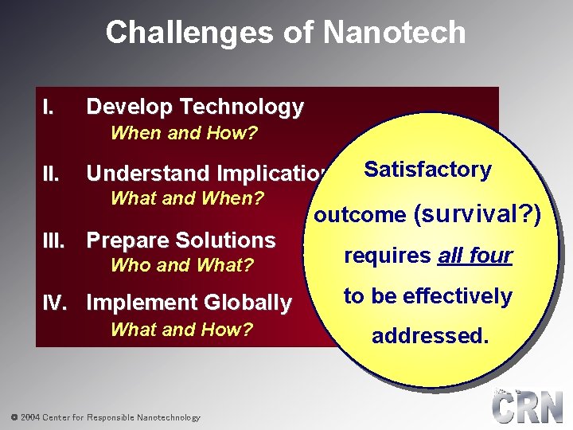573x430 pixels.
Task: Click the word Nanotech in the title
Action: (x=394, y=33)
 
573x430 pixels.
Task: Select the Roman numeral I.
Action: (x=49, y=107)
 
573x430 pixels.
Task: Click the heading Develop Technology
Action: (x=194, y=107)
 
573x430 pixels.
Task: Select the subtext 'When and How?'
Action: (x=184, y=133)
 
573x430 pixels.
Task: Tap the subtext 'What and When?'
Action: (x=188, y=198)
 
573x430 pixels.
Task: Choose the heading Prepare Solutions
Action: (x=181, y=240)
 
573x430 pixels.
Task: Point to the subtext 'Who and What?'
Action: (x=182, y=265)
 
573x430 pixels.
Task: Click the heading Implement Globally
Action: (x=189, y=303)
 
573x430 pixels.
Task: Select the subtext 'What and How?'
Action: (x=181, y=329)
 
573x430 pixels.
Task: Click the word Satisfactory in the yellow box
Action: (x=427, y=170)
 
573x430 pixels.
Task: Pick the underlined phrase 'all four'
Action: (x=475, y=256)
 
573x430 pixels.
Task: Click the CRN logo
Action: (x=528, y=407)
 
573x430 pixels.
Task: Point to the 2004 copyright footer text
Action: (x=105, y=417)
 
